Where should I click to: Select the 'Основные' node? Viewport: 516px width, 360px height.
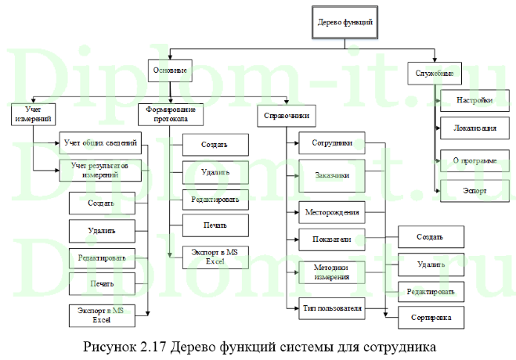171,72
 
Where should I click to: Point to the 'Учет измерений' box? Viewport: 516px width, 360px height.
33,113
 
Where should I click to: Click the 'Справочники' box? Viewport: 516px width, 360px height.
285,117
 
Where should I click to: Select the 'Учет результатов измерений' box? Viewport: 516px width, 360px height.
101,170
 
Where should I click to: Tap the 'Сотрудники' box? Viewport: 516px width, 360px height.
332,144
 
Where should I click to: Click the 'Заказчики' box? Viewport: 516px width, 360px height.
332,175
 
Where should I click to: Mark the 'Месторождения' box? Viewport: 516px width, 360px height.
332,211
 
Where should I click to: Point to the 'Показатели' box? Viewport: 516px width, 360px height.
332,238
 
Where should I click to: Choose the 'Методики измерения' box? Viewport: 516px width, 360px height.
332,272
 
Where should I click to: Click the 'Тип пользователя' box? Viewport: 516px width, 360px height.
332,308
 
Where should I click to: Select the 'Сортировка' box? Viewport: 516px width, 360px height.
431,317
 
